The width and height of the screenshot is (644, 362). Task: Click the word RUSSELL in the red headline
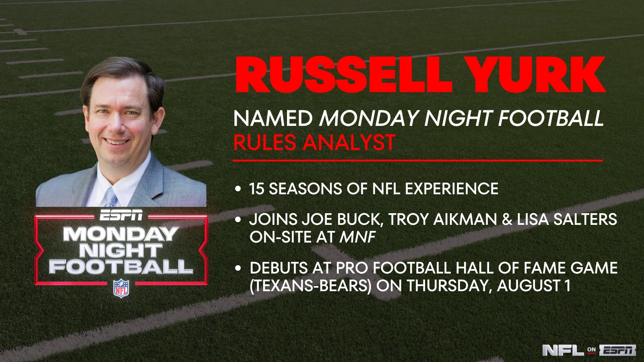344,75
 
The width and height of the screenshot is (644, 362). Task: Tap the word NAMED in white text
273,118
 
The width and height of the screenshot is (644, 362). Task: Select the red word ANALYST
349,142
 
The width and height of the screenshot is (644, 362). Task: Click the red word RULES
265,142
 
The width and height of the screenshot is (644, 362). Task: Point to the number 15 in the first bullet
256,189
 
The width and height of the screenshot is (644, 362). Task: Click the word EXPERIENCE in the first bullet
452,189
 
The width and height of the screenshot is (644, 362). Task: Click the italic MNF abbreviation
357,237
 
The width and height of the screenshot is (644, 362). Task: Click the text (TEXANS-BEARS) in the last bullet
310,286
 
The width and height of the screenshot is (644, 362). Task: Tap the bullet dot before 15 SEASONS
237,189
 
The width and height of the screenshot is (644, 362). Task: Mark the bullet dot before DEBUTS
237,268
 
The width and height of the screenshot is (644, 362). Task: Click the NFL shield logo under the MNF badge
121,288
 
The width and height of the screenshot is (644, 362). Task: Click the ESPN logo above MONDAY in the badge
121,215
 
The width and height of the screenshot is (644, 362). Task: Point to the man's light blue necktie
110,197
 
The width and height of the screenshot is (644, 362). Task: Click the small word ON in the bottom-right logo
591,350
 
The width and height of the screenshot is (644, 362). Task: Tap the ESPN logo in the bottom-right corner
617,350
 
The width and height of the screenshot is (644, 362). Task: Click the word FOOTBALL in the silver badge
121,267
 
